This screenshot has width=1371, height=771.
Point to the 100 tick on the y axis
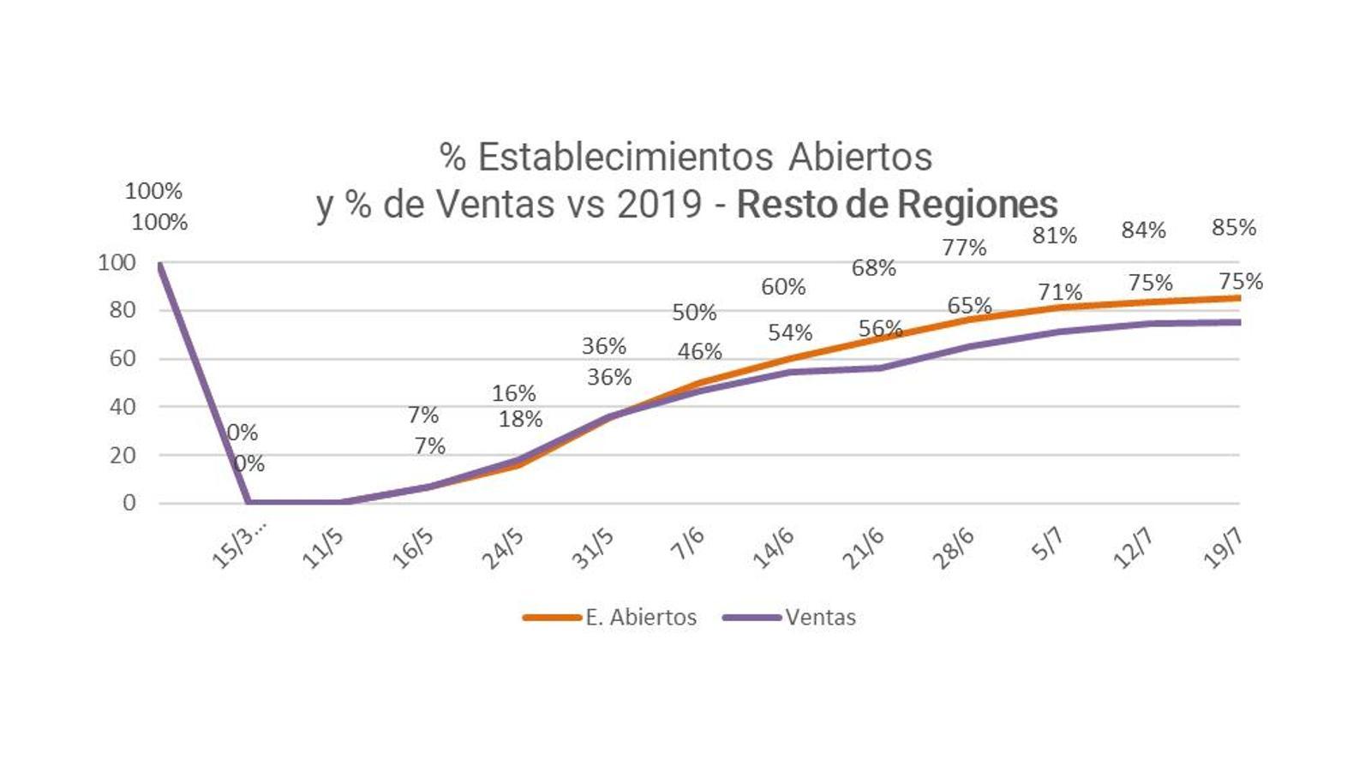117,263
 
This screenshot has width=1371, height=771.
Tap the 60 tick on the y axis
123,359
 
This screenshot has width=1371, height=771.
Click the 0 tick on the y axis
129,503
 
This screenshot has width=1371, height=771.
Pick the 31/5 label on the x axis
593,548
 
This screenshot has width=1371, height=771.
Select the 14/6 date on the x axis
773,548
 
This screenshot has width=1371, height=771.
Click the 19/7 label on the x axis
1224,548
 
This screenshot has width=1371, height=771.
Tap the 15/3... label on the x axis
238,546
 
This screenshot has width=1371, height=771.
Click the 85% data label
1234,228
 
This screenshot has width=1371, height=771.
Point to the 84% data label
1144,230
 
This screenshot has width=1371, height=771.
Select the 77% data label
964,248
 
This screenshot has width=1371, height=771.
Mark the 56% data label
880,328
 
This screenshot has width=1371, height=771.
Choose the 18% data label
521,419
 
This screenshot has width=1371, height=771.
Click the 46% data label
699,351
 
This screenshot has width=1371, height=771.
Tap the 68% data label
873,268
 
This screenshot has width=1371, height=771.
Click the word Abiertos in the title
860,157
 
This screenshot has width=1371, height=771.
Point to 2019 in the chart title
660,205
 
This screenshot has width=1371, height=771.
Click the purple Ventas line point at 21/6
881,368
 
